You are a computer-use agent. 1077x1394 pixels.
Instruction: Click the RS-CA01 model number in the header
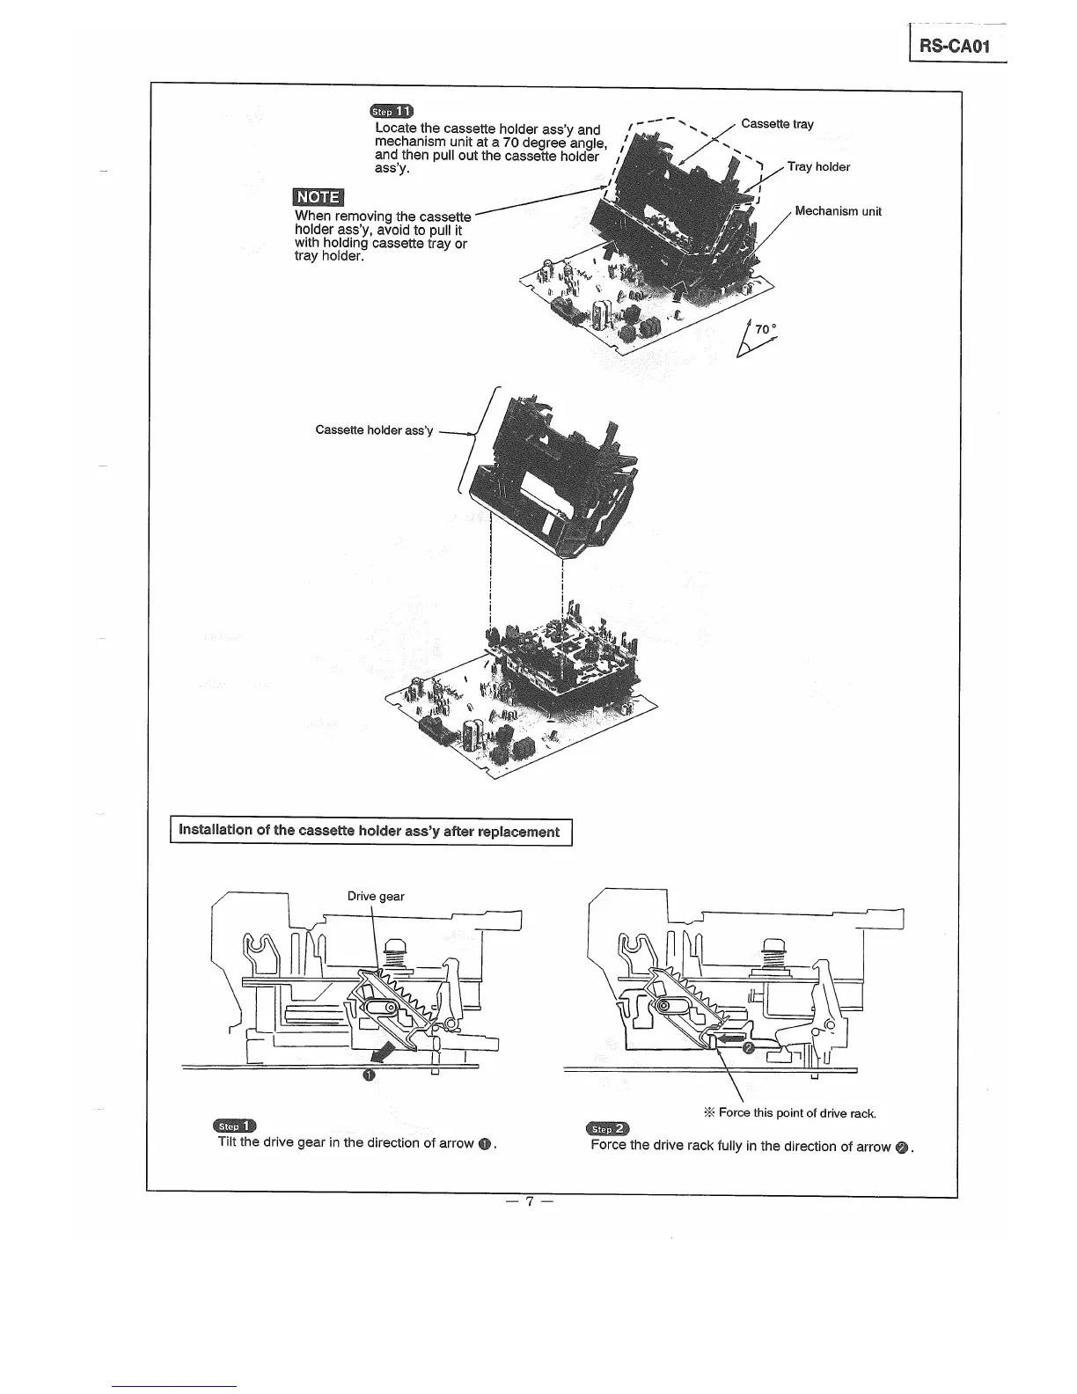(955, 46)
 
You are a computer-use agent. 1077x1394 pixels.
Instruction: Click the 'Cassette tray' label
(777, 124)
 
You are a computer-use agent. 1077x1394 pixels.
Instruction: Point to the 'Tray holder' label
(818, 166)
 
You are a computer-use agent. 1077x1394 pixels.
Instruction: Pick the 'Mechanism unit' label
(838, 211)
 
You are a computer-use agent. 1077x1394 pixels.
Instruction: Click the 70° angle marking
(765, 330)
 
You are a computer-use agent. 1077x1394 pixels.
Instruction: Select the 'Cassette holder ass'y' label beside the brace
(374, 430)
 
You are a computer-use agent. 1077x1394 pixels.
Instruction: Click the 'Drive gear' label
(376, 896)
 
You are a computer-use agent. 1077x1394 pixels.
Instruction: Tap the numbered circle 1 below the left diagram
(369, 1075)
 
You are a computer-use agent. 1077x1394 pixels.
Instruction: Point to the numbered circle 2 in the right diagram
(749, 1048)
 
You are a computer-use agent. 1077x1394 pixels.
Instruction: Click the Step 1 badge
(234, 1126)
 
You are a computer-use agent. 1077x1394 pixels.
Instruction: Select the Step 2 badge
(609, 1129)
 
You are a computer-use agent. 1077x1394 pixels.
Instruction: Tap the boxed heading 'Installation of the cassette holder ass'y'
(370, 832)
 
